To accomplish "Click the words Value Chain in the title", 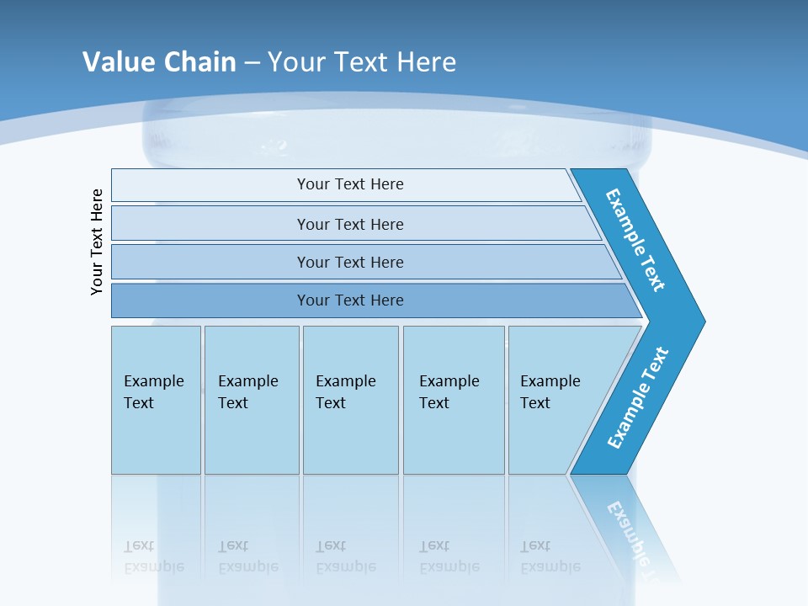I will pos(159,62).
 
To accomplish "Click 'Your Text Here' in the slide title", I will pos(362,62).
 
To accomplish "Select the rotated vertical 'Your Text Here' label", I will pos(97,242).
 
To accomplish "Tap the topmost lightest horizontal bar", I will pos(349,184).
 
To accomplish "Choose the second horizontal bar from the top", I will pos(349,224).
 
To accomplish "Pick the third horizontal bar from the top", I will pos(349,262).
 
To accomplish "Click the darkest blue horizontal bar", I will pos(349,300).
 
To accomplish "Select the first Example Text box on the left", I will pos(156,399).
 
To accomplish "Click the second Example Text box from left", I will pos(252,399).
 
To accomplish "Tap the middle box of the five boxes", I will pos(350,399).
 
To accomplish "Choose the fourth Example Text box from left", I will pos(454,399).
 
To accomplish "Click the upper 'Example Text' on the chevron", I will pos(635,240).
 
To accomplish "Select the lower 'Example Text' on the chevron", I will pos(638,398).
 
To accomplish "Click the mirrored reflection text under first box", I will pos(153,557).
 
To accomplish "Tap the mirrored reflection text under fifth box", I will pos(550,557).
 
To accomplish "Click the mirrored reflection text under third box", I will pos(345,557).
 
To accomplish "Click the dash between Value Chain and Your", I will pos(252,63).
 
